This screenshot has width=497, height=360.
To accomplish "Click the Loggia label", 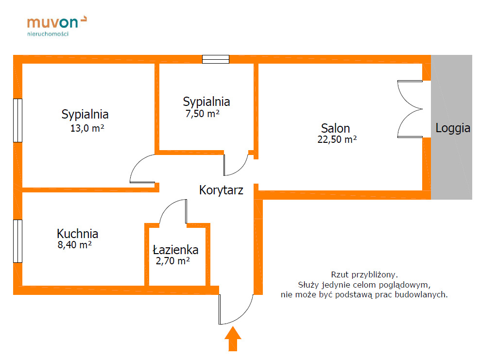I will coord(452,128).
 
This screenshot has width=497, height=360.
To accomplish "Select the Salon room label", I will coord(335,128).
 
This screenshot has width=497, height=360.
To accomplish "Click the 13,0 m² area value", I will coord(87,129).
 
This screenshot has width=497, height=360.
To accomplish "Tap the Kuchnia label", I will coord(77,233).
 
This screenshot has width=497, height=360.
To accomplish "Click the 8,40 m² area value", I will coord(75,245).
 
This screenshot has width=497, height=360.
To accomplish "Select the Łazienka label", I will coord(175,250).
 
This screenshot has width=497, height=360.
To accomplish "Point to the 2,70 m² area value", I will coord(172,261).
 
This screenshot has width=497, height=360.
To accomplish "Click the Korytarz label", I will coord(221,190).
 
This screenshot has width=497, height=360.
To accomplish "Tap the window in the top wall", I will coord(215,59).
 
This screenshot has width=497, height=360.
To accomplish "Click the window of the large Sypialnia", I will coord(17,120).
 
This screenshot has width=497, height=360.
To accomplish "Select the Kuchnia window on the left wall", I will coord(17,241).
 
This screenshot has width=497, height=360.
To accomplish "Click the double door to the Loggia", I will coord(411,109).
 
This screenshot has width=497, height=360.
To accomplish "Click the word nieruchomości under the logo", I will coord(48,34).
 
